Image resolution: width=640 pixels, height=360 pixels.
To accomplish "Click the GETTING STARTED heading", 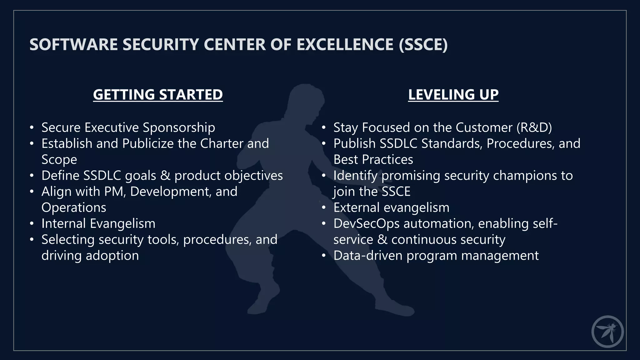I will coord(158,94).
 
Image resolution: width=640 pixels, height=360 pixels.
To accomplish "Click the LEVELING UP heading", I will coord(453,94).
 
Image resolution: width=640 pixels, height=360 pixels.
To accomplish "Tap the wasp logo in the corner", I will coord(607,332).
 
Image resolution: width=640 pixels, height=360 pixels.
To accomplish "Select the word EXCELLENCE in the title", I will coord(345,44).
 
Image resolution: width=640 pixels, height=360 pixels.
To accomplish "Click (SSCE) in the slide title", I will coord(423,44).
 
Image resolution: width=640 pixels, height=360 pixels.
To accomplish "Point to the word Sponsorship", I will coord(179,127).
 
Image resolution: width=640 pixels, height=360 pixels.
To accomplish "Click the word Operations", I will coord(74,207).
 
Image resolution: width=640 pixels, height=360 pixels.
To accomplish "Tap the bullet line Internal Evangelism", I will coord(98,223).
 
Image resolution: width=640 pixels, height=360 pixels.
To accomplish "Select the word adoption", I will coord(112,256).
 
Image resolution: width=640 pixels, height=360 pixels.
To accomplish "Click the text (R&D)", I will coord(534,127).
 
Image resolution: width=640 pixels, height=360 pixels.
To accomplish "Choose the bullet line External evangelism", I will coord(391,207).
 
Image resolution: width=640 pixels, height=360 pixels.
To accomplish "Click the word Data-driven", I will coord(368,256).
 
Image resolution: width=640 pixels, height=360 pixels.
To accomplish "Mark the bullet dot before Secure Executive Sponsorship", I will coord(32,128).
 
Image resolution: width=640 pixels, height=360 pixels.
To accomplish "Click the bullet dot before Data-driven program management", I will coord(324,256).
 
